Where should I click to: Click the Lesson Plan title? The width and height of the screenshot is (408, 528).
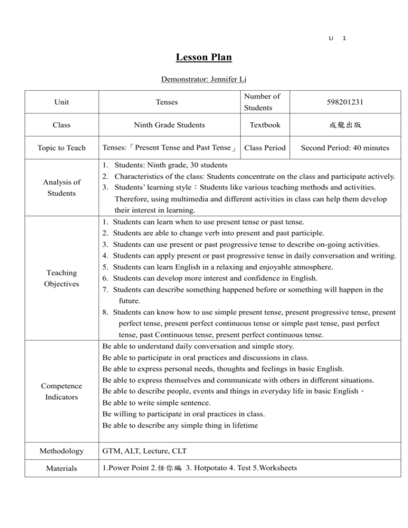203,58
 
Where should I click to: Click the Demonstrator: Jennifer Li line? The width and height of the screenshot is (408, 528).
203,81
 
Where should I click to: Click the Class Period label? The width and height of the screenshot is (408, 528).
265,147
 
